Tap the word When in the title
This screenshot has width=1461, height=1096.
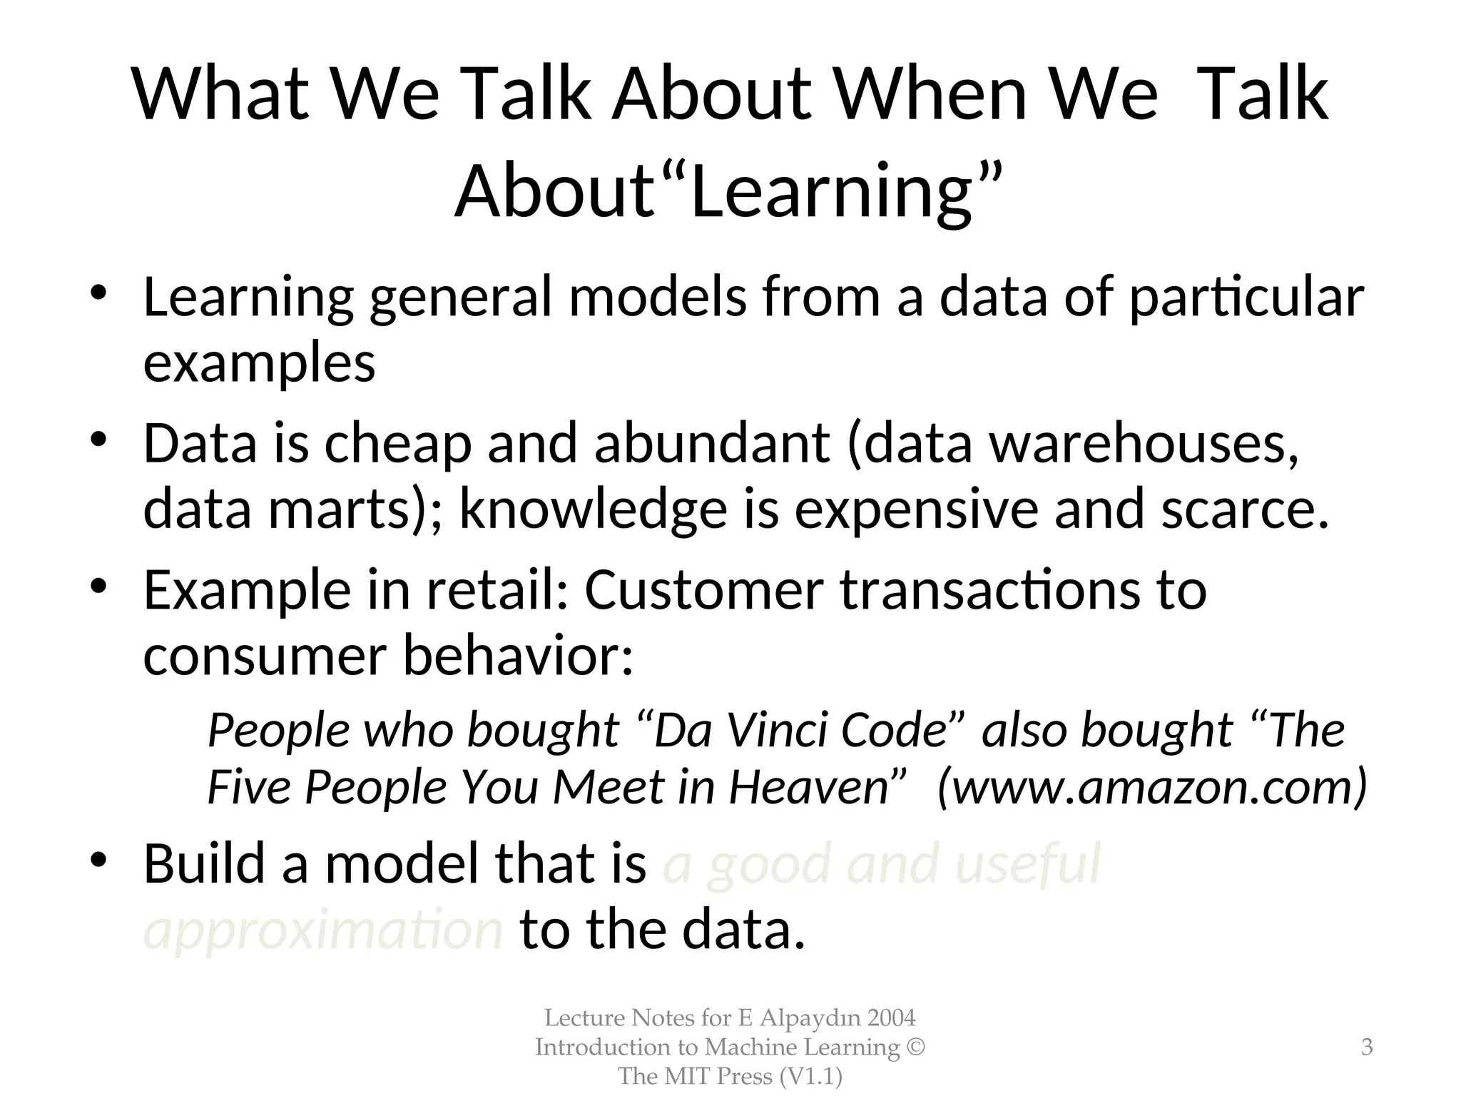pyautogui.click(x=931, y=94)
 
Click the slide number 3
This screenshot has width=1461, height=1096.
pyautogui.click(x=1367, y=1047)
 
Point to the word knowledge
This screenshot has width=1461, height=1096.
pyautogui.click(x=593, y=509)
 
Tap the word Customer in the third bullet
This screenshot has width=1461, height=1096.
pyautogui.click(x=703, y=590)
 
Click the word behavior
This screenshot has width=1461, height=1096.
pyautogui.click(x=517, y=656)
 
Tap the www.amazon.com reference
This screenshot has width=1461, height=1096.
pyautogui.click(x=1152, y=788)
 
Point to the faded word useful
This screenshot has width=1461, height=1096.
pyautogui.click(x=1027, y=864)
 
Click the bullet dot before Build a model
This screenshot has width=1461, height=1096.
pyautogui.click(x=98, y=860)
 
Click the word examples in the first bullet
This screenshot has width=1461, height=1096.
pyautogui.click(x=259, y=363)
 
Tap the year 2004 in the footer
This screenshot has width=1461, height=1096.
pyautogui.click(x=891, y=1018)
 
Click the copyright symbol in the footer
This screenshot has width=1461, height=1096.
pyautogui.click(x=916, y=1047)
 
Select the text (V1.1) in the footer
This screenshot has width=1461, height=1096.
pyautogui.click(x=810, y=1076)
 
